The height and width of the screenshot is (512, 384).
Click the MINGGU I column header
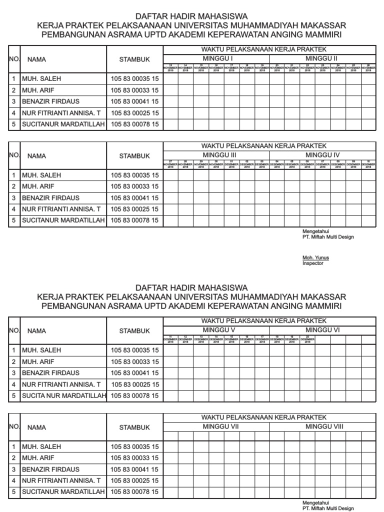(216, 58)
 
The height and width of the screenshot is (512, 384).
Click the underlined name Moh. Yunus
(315, 258)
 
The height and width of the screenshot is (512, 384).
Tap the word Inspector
(313, 263)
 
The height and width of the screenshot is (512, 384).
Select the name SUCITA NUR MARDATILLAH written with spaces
(64, 396)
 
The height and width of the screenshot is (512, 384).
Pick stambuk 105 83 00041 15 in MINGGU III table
(134, 198)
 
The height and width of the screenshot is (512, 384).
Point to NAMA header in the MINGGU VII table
(36, 427)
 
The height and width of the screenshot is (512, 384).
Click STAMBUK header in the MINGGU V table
(134, 331)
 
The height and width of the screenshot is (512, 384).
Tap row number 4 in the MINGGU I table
(14, 113)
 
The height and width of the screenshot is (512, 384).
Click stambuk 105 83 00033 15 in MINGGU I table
(134, 90)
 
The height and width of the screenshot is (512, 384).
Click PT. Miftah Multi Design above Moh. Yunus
(328, 237)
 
